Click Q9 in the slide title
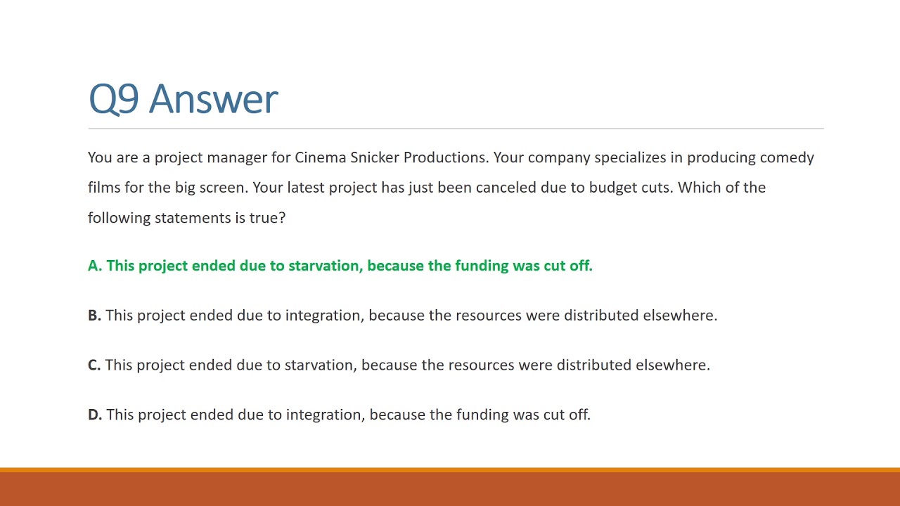pos(113,99)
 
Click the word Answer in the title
pos(214,99)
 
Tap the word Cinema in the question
pos(320,157)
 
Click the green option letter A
pos(94,266)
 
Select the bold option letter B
pos(94,316)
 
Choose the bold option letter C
pos(94,365)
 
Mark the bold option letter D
pos(95,415)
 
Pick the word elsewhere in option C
pos(672,365)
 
